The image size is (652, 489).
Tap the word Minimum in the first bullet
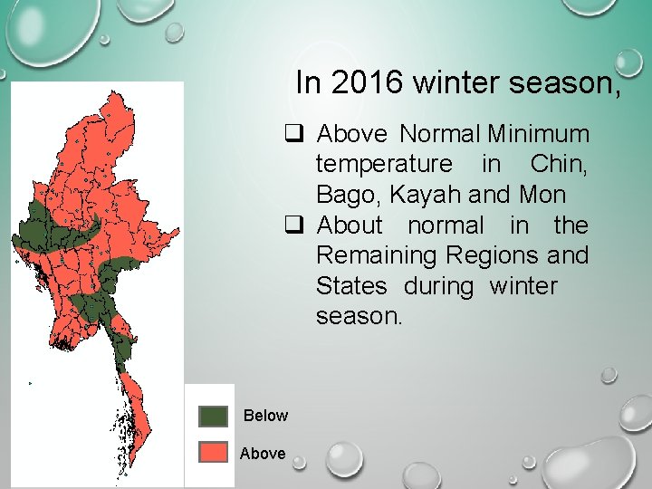coord(538,134)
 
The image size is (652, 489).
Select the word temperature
coord(383,164)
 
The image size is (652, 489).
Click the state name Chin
coord(559,164)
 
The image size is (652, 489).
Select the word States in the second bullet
coord(350,287)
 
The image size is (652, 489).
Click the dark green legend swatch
coord(214,416)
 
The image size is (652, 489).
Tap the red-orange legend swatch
coord(214,452)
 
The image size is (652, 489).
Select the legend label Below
coord(265,416)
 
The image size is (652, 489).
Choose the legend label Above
coord(263,453)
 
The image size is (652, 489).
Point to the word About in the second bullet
coord(350,225)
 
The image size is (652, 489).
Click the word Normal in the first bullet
coord(440,134)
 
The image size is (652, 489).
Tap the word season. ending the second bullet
coord(358,317)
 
